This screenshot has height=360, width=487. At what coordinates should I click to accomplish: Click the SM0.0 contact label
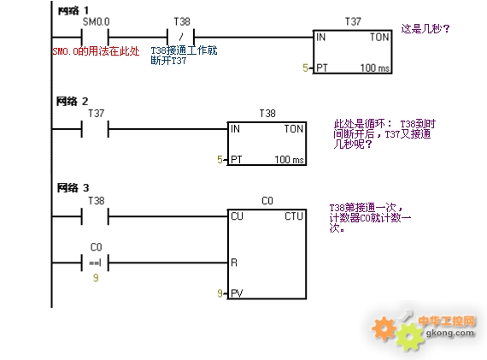pos(96,21)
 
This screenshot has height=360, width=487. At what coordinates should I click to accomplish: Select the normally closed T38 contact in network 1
pos(181,38)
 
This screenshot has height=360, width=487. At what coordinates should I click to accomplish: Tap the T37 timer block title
pos(353,21)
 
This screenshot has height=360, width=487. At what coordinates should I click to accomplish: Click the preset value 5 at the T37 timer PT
pos(305,68)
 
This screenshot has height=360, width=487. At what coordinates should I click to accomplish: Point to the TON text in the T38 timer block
pos(294,129)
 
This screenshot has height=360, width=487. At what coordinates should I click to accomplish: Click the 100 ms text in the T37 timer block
pos(374,68)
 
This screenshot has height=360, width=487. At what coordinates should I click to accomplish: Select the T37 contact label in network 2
pos(96,113)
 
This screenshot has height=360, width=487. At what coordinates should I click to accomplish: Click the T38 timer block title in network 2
pos(267,113)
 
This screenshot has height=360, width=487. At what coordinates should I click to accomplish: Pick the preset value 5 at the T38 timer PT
pos(220,160)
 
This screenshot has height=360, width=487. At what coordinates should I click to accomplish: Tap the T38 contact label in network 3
pos(96,200)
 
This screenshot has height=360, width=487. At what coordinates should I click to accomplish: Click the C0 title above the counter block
pos(267,200)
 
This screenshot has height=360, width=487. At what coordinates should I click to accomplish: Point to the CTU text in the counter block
pos(294,216)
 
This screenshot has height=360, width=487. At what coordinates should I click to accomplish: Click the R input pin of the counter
pos(234,263)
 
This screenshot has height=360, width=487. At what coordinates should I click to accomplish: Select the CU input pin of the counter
pos(237,216)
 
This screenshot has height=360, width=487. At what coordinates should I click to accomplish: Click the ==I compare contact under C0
pos(95,263)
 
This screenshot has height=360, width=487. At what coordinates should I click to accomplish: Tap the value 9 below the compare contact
pos(96,278)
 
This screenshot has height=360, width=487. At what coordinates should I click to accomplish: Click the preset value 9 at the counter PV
pos(220,293)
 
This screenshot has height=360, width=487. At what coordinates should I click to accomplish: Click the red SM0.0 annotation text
pos(96,51)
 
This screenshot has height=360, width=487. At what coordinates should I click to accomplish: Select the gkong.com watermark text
pos(449,333)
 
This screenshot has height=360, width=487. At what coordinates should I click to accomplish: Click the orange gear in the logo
pos(384,328)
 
